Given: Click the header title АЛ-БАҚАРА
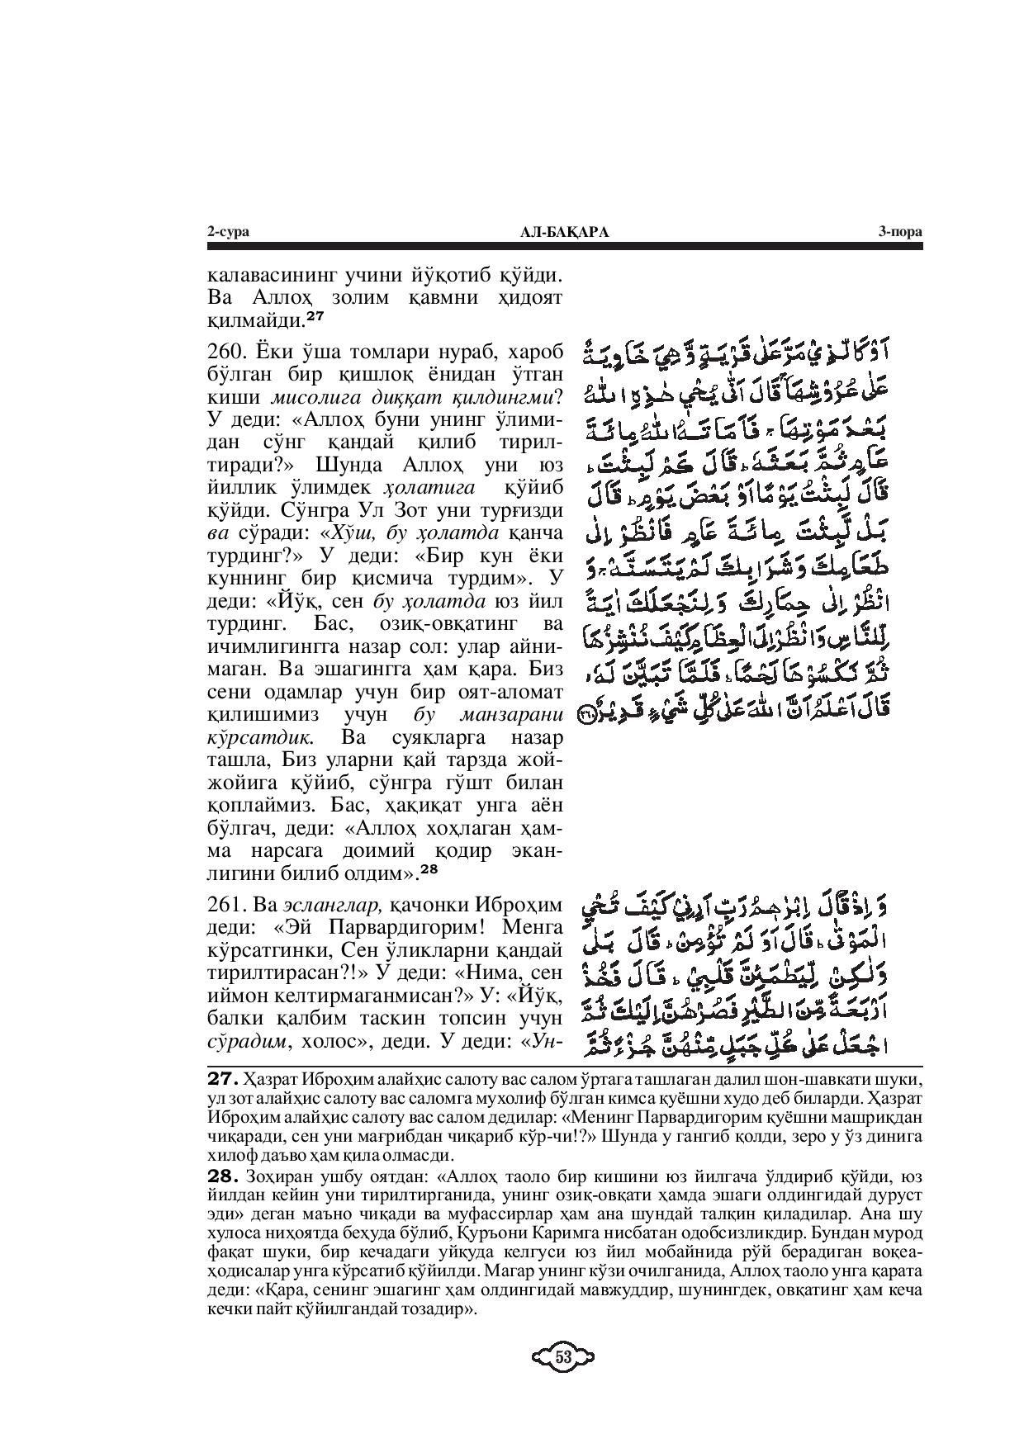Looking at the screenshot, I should pyautogui.click(x=566, y=233).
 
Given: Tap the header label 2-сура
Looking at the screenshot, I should pyautogui.click(x=228, y=233).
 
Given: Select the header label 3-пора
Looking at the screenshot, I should pyautogui.click(x=899, y=233).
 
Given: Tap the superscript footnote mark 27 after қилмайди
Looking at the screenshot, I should pyautogui.click(x=315, y=315).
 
